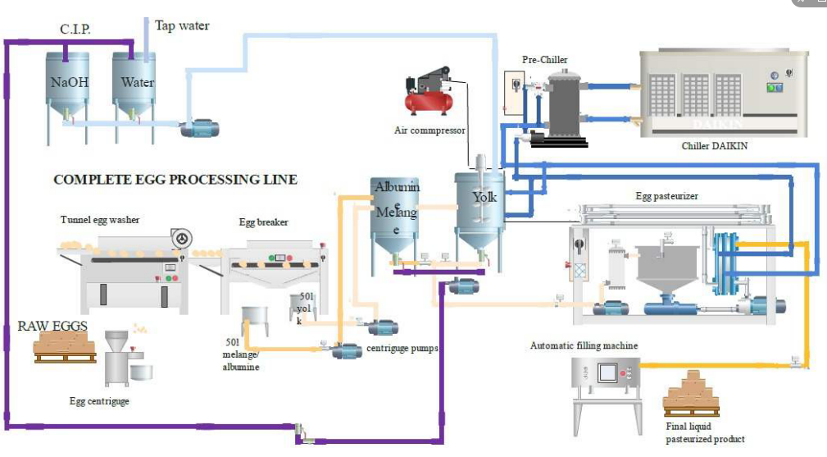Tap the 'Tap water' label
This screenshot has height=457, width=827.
tap(182, 25)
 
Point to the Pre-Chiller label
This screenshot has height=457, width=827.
tap(545, 59)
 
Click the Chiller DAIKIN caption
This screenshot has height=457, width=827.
tap(715, 146)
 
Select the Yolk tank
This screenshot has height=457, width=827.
tap(484, 205)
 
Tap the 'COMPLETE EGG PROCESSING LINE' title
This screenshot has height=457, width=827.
tap(175, 179)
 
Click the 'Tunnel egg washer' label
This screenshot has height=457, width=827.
tap(99, 219)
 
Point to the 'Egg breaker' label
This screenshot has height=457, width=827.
tap(263, 222)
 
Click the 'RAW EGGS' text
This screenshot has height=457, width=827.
tap(53, 327)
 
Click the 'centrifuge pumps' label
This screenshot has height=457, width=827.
tap(402, 348)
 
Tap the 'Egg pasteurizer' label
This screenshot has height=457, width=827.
tap(666, 197)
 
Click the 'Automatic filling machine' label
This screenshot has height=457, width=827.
tap(584, 345)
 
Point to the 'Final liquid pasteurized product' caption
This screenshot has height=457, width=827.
tap(705, 432)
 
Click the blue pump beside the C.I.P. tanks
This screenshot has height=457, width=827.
tap(197, 128)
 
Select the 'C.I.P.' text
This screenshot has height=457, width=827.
tap(75, 30)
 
